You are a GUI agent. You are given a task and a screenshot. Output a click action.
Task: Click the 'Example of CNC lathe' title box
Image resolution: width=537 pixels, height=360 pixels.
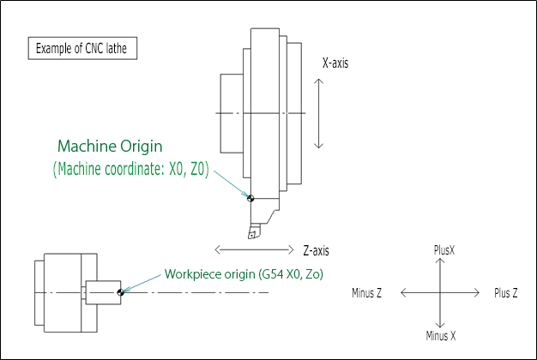coord(82,47)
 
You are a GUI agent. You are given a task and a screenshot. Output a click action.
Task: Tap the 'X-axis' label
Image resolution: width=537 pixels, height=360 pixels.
coord(335,63)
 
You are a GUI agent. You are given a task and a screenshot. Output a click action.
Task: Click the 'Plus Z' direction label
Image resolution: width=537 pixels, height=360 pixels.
coord(506,293)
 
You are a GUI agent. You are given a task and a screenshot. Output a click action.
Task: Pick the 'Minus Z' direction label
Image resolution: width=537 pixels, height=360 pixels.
coord(366,293)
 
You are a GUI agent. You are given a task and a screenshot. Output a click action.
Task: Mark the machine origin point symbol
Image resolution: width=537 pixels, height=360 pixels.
coord(250,198)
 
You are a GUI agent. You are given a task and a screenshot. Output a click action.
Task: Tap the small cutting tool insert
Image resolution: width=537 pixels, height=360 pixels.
coord(253,231)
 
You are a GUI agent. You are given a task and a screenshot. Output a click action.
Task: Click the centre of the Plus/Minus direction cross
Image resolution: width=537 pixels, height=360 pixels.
coord(439,293)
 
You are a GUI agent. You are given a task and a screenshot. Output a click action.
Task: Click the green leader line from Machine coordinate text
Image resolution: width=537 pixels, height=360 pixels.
coord(229,183)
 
